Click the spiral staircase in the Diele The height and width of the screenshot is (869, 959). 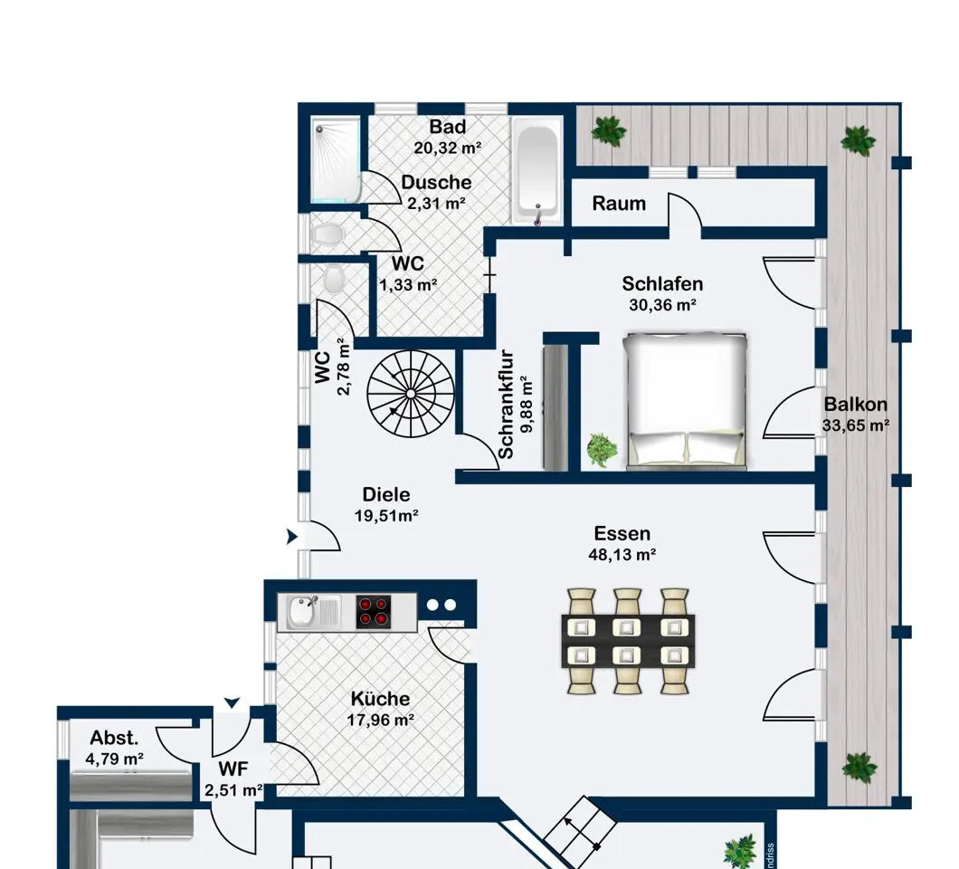click(x=411, y=394)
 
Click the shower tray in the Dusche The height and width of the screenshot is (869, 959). click(x=335, y=160)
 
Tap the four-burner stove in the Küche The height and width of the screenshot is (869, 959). click(x=374, y=612)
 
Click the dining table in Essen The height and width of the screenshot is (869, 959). click(x=628, y=641)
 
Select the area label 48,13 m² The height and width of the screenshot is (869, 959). click(x=622, y=555)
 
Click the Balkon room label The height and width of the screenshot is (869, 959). click(x=855, y=404)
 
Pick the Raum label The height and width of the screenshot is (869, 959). click(x=618, y=203)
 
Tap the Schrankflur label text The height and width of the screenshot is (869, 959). click(x=506, y=405)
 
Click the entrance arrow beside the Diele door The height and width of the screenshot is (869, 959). click(x=291, y=537)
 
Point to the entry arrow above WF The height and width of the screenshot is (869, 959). click(x=232, y=702)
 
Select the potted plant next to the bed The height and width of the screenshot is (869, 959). click(x=602, y=450)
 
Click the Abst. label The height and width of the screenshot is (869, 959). click(x=114, y=738)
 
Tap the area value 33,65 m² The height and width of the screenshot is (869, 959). click(x=856, y=425)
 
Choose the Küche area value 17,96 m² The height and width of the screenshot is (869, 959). click(x=380, y=720)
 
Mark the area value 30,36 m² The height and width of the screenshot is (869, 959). click(x=662, y=304)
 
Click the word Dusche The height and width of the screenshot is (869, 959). click(x=436, y=182)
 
